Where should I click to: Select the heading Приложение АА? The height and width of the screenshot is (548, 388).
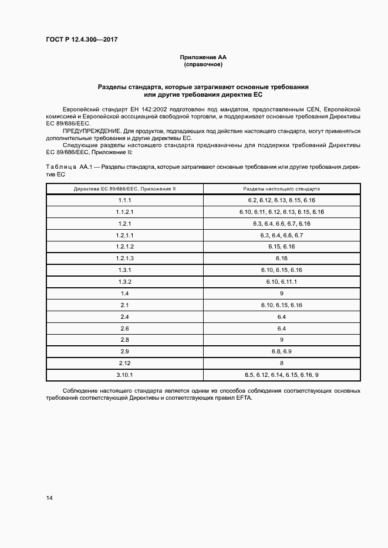[203, 57]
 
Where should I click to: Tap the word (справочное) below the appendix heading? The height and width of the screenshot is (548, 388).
[203, 64]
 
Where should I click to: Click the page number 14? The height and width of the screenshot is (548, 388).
[49, 498]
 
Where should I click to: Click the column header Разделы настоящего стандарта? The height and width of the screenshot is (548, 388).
[281, 189]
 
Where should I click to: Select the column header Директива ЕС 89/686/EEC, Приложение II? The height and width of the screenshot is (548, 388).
[124, 189]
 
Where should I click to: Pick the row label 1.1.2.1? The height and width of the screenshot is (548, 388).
[124, 212]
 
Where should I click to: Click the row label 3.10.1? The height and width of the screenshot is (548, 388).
[124, 375]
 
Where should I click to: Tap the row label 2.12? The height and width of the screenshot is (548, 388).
[124, 363]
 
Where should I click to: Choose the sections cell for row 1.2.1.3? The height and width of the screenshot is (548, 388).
[281, 258]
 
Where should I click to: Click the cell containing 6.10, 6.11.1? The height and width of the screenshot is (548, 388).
[281, 281]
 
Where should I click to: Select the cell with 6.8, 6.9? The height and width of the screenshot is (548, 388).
[281, 351]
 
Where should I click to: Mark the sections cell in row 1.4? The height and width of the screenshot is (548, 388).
[281, 293]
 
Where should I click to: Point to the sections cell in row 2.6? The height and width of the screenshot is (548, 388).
[281, 328]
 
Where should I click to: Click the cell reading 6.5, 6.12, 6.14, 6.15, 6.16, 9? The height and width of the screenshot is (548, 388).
[281, 375]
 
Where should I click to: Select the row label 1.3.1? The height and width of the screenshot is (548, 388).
[124, 270]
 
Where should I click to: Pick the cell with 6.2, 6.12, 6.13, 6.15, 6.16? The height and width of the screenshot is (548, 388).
[281, 200]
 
